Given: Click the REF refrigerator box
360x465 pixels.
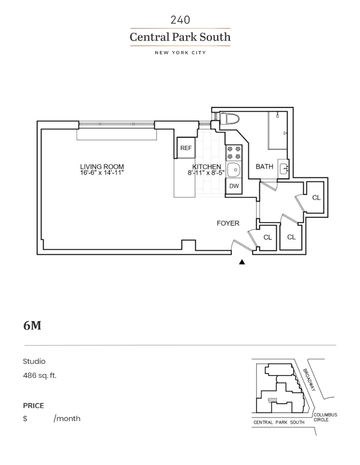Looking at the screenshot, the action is [x=186, y=148].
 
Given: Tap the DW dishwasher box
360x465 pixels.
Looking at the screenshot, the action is [x=234, y=186].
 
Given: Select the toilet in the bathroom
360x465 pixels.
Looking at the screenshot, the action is [x=229, y=119].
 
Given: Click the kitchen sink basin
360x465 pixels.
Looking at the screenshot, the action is [x=234, y=170].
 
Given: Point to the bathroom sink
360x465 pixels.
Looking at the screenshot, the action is [x=284, y=168].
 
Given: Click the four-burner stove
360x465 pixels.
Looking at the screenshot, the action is [x=234, y=153].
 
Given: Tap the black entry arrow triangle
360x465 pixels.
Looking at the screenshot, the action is [x=242, y=262].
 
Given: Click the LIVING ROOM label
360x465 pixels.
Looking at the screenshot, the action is [x=102, y=166].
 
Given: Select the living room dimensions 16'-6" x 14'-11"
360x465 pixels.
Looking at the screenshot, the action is [x=102, y=173].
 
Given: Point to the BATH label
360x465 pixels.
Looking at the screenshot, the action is [x=265, y=166].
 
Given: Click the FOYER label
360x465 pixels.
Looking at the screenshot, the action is [x=228, y=223].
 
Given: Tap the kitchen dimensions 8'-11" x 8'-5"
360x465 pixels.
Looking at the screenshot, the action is [x=206, y=173].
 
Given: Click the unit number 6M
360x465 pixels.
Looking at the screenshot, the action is [x=32, y=325].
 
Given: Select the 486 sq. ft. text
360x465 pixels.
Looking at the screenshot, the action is [x=40, y=376].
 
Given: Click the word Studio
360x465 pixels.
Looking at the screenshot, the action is [x=34, y=361].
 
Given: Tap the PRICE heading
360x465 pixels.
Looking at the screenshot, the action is [x=33, y=405].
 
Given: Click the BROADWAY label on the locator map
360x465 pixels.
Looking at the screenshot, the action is [x=309, y=380].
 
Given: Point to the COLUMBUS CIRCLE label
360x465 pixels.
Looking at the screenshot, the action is [x=325, y=417].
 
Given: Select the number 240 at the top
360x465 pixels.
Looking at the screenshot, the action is [x=180, y=20].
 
